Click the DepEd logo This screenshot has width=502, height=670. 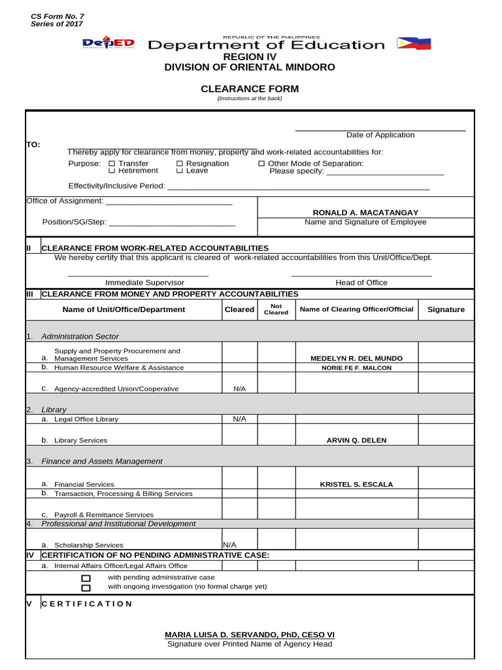pyautogui.click(x=109, y=44)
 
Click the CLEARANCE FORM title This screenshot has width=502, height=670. pyautogui.click(x=250, y=89)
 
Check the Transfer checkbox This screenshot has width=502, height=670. pyautogui.click(x=111, y=164)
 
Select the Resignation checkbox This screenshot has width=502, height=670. pyautogui.click(x=180, y=164)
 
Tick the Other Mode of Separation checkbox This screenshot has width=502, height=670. pyautogui.click(x=261, y=164)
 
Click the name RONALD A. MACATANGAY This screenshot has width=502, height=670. pyautogui.click(x=365, y=213)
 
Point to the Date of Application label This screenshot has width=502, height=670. pyautogui.click(x=380, y=135)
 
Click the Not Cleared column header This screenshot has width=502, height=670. pyautogui.click(x=276, y=309)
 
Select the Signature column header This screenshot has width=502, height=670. pyautogui.click(x=446, y=309)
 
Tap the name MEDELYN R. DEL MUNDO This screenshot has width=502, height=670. pyautogui.click(x=356, y=359)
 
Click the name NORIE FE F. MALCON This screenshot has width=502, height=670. pyautogui.click(x=356, y=368)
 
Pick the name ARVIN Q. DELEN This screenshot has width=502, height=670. pyautogui.click(x=356, y=440)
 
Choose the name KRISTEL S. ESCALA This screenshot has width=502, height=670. pyautogui.click(x=356, y=484)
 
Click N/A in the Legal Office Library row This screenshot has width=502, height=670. pyautogui.click(x=239, y=419)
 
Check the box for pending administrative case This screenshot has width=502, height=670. pyautogui.click(x=86, y=578)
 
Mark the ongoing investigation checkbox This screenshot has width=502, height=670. pyautogui.click(x=86, y=588)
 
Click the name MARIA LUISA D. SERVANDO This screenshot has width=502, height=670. pyautogui.click(x=250, y=635)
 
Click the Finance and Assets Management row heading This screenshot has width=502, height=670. pyautogui.click(x=101, y=461)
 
